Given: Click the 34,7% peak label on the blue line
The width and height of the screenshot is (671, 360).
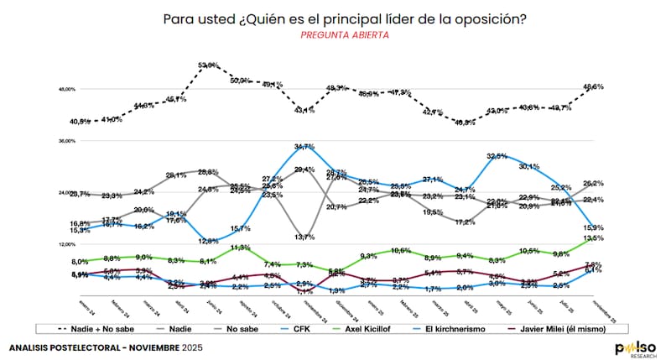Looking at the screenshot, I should (x=304, y=147).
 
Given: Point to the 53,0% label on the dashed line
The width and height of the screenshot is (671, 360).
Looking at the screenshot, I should (x=209, y=65).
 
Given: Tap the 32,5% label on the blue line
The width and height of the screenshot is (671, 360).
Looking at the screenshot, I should (x=497, y=156).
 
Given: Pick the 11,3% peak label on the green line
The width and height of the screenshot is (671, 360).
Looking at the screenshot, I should (x=241, y=248).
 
